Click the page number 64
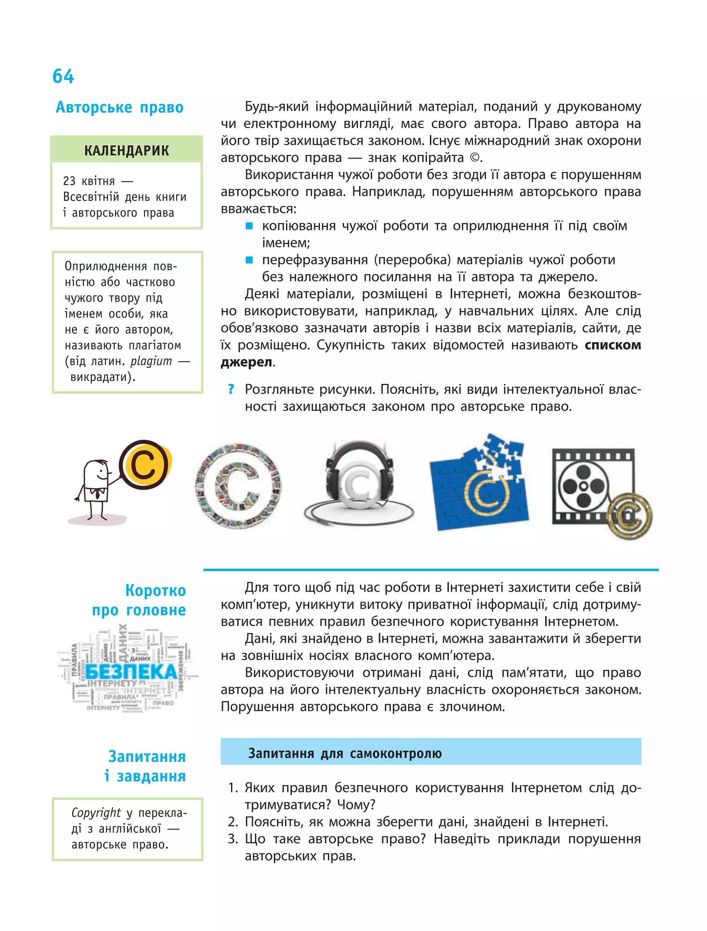pyautogui.click(x=63, y=77)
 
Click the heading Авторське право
pyautogui.click(x=119, y=107)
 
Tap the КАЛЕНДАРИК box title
pyautogui.click(x=126, y=150)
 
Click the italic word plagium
pyautogui.click(x=151, y=361)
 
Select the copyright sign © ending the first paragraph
pyautogui.click(x=474, y=158)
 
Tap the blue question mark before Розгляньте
pyautogui.click(x=231, y=389)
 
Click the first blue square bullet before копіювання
pyautogui.click(x=249, y=226)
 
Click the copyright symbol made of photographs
pyautogui.click(x=238, y=485)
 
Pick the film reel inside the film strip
pyautogui.click(x=584, y=486)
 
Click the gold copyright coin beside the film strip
pyautogui.click(x=630, y=516)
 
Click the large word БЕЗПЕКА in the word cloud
pyautogui.click(x=131, y=672)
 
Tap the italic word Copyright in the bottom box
pyautogui.click(x=96, y=812)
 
